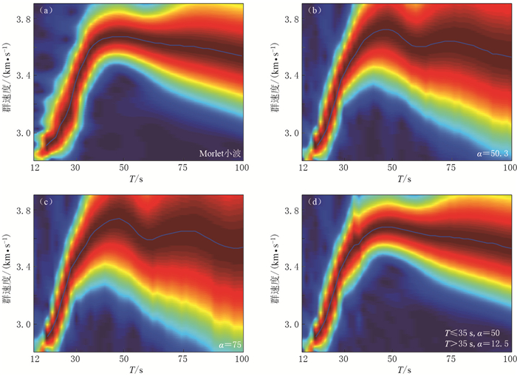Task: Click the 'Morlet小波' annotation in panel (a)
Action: click(x=221, y=154)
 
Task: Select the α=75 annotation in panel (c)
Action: click(x=231, y=344)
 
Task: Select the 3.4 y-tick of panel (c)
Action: click(x=24, y=267)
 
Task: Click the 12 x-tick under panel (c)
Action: click(x=35, y=360)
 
